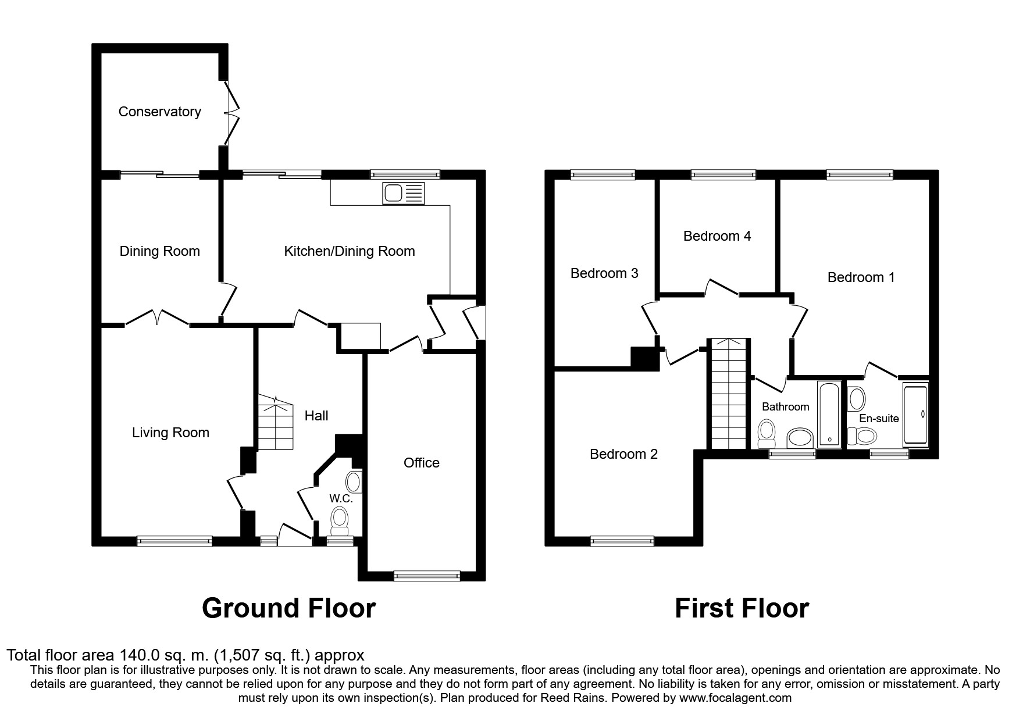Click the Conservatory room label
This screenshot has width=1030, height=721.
(x=159, y=112)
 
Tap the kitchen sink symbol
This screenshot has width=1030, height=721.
(x=404, y=193)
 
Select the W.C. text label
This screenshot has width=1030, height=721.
(x=341, y=498)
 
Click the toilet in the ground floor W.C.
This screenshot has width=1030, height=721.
(x=339, y=520)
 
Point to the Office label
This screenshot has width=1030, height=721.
(x=422, y=463)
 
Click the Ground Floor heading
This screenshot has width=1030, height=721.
(x=288, y=608)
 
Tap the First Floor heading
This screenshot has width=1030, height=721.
(x=742, y=608)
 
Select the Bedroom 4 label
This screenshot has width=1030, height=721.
(x=717, y=236)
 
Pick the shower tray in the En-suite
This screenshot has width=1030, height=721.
(x=915, y=414)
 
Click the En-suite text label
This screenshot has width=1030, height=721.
(x=879, y=419)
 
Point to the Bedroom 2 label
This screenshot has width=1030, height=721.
(x=623, y=454)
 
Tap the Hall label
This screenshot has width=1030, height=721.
(x=316, y=416)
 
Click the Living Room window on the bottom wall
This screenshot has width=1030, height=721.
(x=174, y=541)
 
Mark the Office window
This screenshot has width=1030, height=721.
(x=427, y=576)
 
